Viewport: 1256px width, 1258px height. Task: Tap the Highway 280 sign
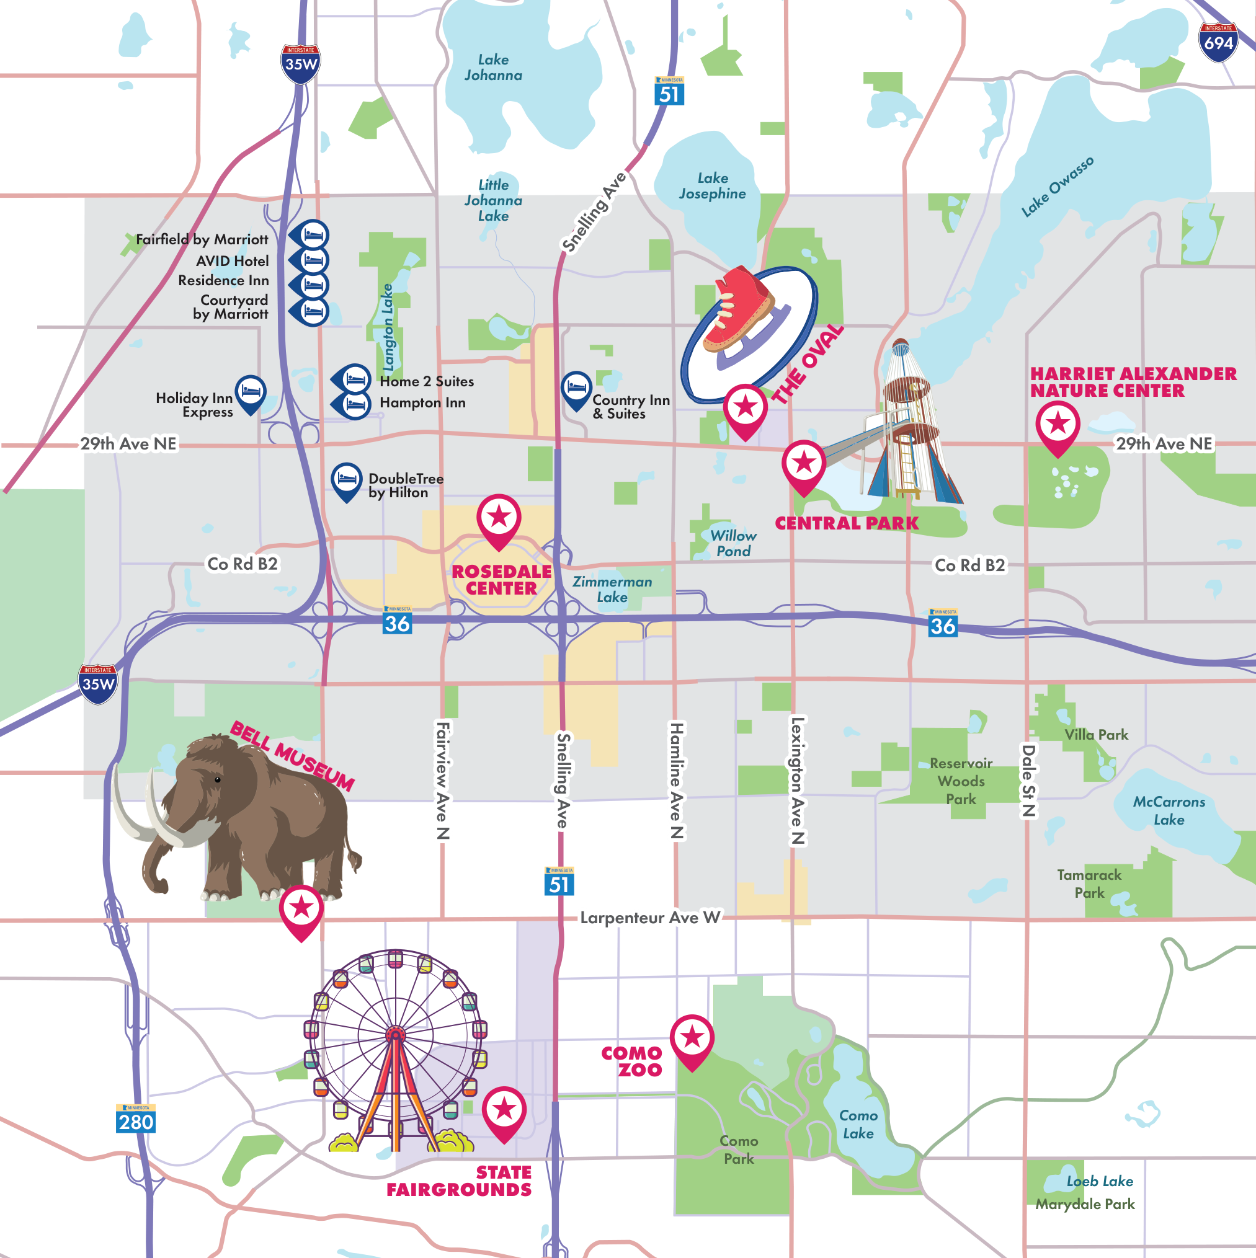[135, 1120]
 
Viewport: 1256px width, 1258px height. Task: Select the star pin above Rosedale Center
[498, 518]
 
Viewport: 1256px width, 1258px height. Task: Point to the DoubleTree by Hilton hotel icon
[347, 480]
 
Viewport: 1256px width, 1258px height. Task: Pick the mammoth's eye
[218, 779]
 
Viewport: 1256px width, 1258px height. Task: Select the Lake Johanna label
[493, 68]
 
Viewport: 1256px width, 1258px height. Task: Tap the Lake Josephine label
[712, 186]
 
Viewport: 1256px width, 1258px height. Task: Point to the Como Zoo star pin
[692, 1039]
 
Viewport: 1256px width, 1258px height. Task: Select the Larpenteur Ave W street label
[649, 918]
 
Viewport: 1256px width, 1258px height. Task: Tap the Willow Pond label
[733, 543]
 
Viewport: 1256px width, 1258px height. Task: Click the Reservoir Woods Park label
[961, 781]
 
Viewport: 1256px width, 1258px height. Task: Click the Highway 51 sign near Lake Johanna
[669, 92]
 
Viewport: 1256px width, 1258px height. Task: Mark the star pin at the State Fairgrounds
[504, 1111]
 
